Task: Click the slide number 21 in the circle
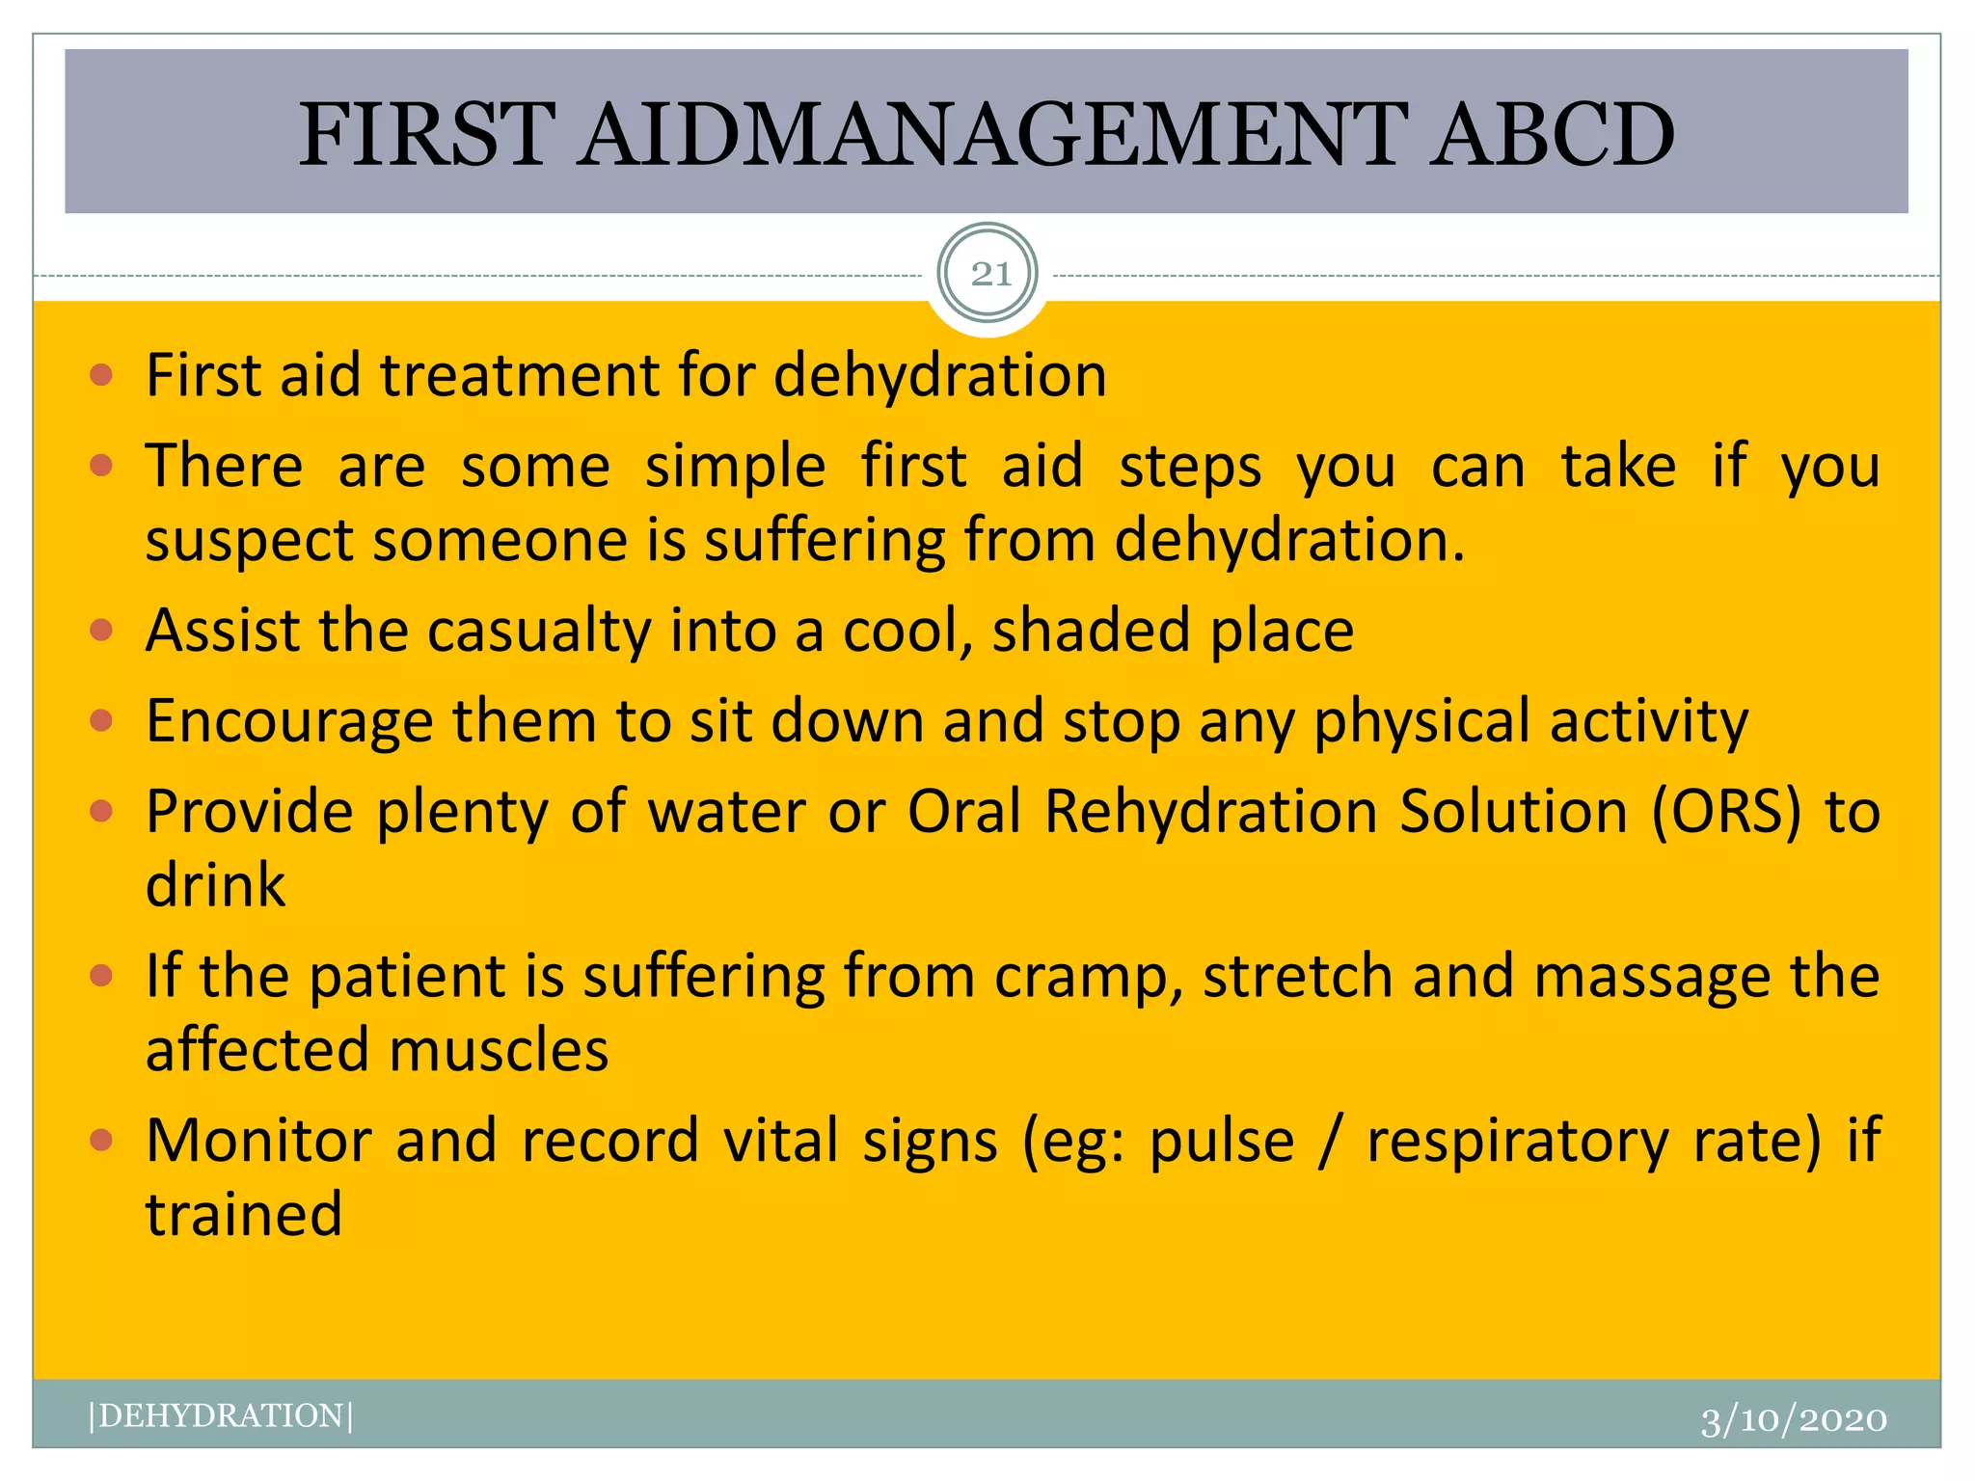coord(989,275)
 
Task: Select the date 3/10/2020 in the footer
coord(1793,1420)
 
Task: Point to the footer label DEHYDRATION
coord(221,1415)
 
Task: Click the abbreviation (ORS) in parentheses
coord(1725,812)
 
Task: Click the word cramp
coord(1087,978)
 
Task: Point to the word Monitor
coord(258,1142)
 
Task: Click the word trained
coord(244,1214)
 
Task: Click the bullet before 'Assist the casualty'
coord(101,632)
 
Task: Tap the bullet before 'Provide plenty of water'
coord(101,811)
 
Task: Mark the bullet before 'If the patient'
coord(101,976)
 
